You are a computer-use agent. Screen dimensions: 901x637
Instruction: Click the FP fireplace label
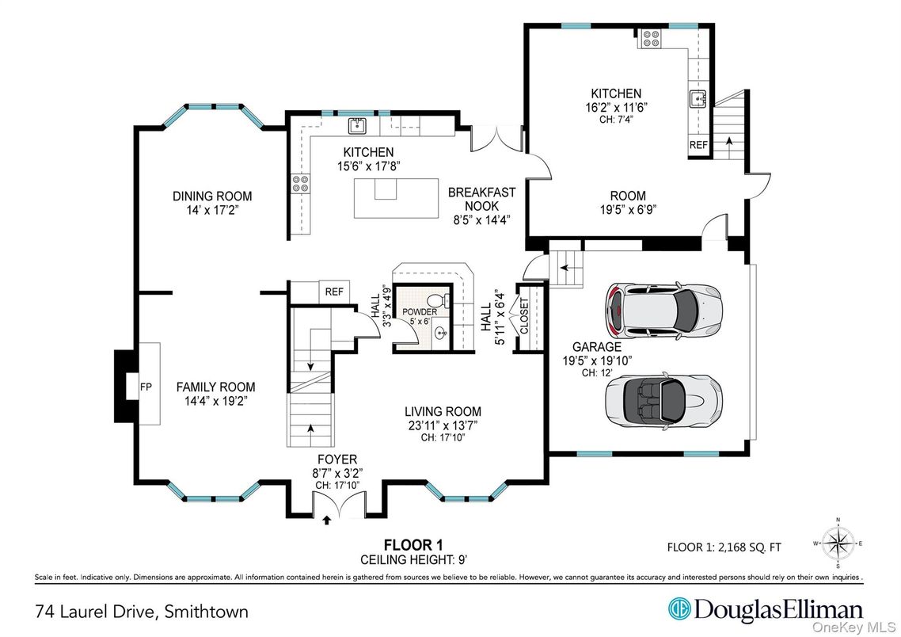pyautogui.click(x=146, y=387)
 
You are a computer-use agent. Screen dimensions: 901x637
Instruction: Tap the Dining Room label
pyautogui.click(x=212, y=196)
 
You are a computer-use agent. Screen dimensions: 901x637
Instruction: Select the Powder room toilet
pyautogui.click(x=438, y=301)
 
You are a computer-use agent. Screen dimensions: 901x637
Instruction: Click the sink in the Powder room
pyautogui.click(x=441, y=333)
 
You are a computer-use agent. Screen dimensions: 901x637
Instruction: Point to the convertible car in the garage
pyautogui.click(x=663, y=400)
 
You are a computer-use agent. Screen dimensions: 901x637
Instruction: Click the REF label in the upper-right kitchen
pyautogui.click(x=699, y=145)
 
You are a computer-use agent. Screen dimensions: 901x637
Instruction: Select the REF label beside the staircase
pyautogui.click(x=334, y=292)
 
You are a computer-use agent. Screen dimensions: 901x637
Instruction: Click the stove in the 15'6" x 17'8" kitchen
pyautogui.click(x=300, y=183)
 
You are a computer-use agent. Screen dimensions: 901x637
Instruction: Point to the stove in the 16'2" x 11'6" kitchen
pyautogui.click(x=651, y=38)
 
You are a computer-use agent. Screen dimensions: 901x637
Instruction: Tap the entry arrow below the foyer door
pyautogui.click(x=327, y=521)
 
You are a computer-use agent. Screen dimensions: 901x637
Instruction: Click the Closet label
pyautogui.click(x=525, y=315)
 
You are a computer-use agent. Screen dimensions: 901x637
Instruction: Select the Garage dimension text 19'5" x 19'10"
pyautogui.click(x=597, y=360)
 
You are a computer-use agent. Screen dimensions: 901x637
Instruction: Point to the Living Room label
pyautogui.click(x=443, y=412)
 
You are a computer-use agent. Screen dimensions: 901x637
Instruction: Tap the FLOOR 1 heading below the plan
pyautogui.click(x=413, y=544)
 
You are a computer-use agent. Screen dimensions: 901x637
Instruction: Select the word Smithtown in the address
pyautogui.click(x=207, y=611)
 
